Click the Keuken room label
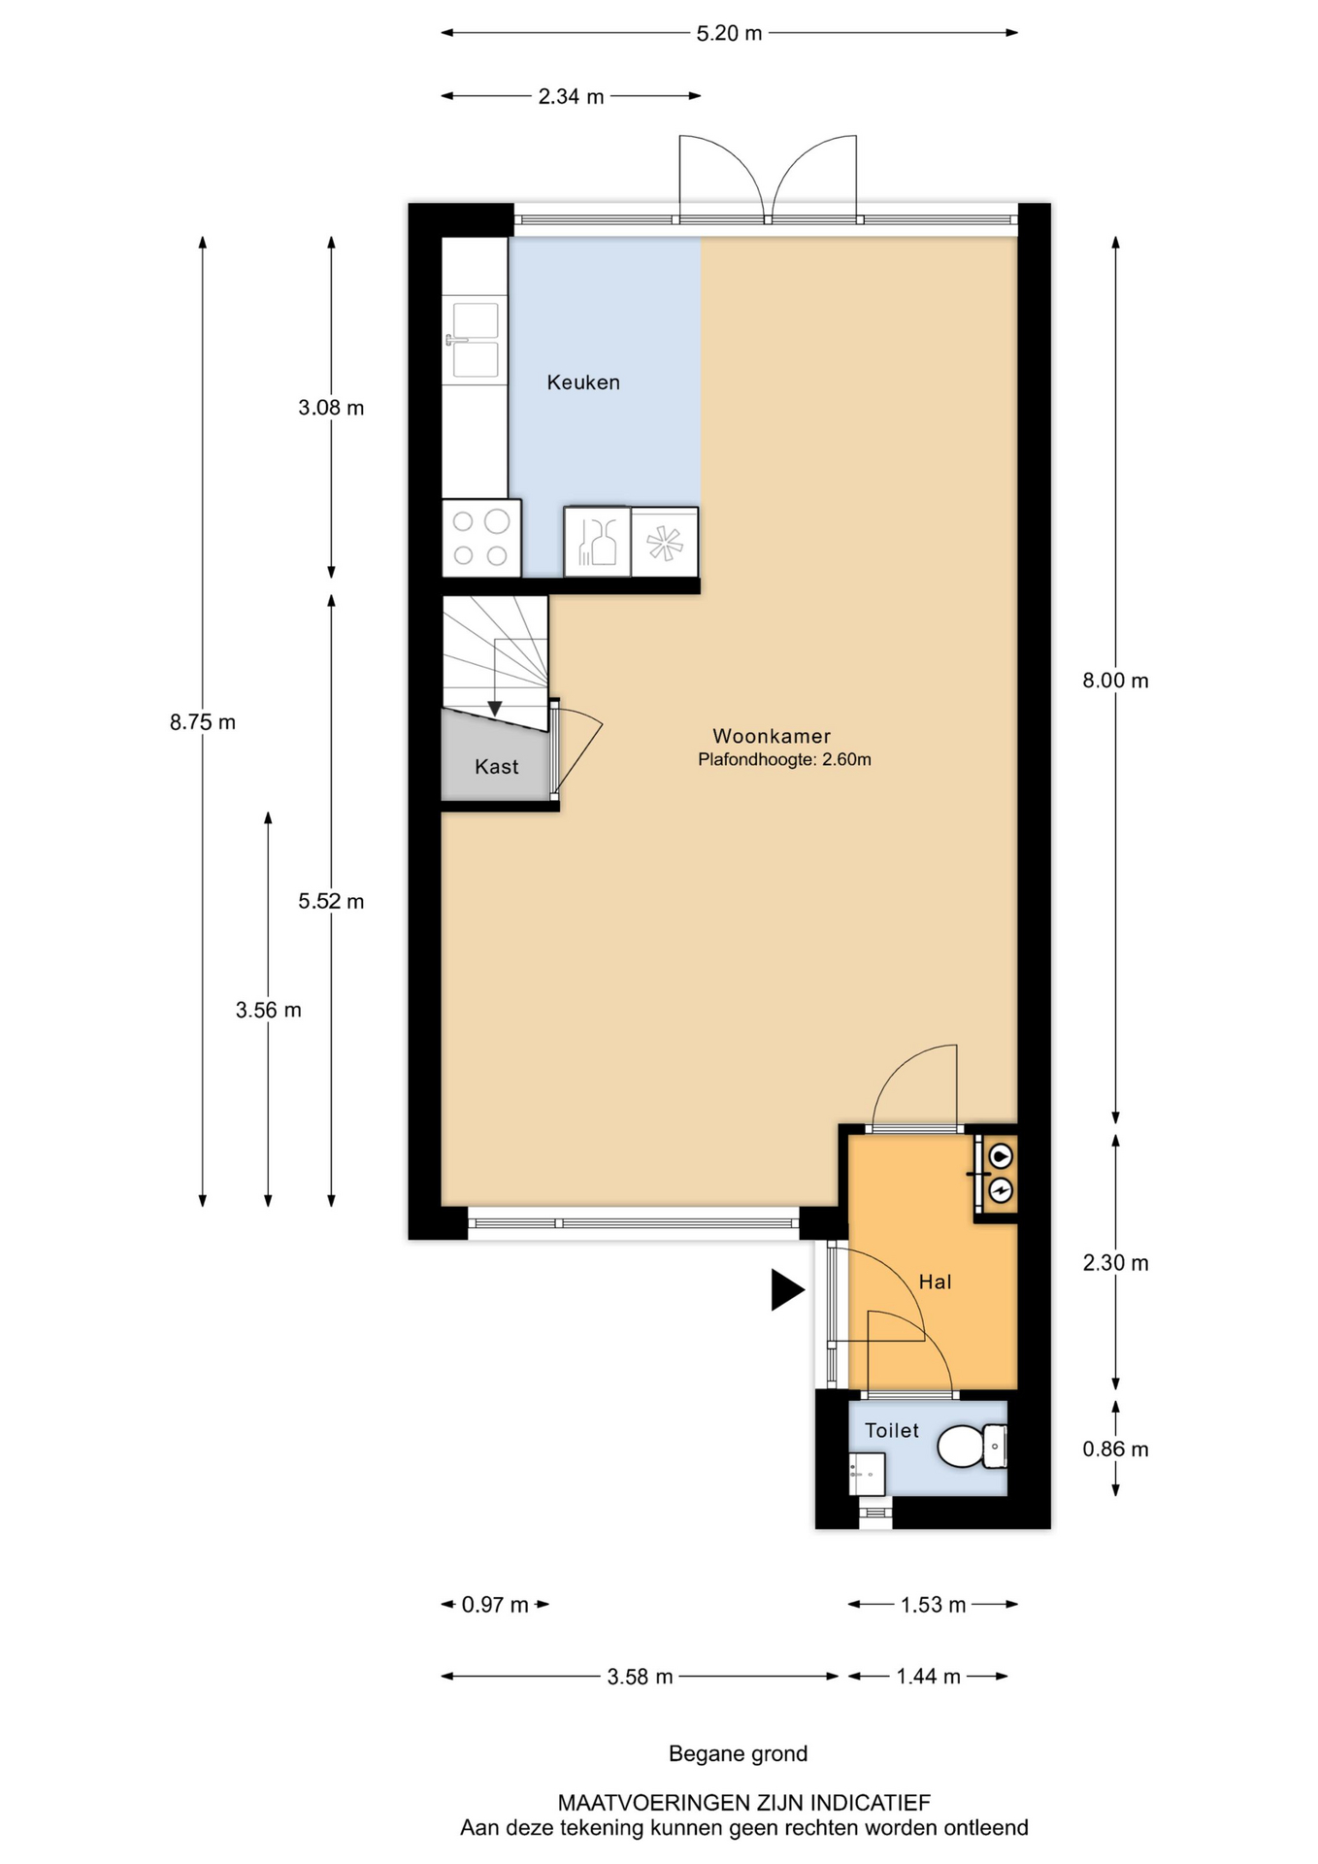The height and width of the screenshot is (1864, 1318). pyautogui.click(x=583, y=383)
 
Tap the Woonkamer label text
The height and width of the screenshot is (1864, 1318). pyautogui.click(x=772, y=736)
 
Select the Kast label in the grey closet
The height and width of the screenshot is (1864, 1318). pyautogui.click(x=497, y=767)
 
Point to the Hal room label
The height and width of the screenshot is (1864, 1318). pyautogui.click(x=935, y=1281)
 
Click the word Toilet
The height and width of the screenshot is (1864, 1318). pyautogui.click(x=892, y=1430)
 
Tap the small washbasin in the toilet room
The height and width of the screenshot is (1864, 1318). pyautogui.click(x=867, y=1474)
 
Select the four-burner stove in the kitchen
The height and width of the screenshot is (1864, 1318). pyautogui.click(x=481, y=538)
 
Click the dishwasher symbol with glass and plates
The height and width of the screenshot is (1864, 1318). pyautogui.click(x=598, y=542)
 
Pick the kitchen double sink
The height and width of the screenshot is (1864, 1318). pyautogui.click(x=475, y=340)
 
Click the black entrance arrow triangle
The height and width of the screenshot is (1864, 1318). pyautogui.click(x=787, y=1290)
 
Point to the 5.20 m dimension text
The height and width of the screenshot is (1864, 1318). pyautogui.click(x=730, y=33)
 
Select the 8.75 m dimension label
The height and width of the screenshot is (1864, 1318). pyautogui.click(x=203, y=722)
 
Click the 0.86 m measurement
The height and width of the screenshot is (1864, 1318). pyautogui.click(x=1116, y=1449)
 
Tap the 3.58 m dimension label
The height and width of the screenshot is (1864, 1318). pyautogui.click(x=641, y=1677)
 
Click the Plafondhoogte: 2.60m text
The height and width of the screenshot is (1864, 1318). pyautogui.click(x=784, y=760)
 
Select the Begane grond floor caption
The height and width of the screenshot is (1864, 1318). pyautogui.click(x=739, y=1754)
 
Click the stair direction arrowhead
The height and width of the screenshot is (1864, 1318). pyautogui.click(x=495, y=709)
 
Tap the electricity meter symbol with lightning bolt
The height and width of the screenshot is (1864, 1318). pyautogui.click(x=1001, y=1190)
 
